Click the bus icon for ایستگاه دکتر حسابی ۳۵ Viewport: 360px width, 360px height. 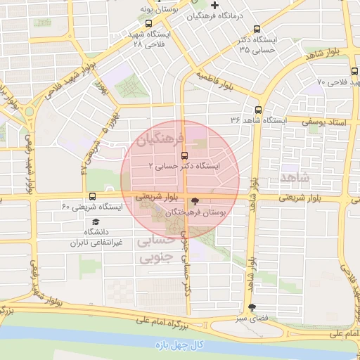click(x=256, y=30)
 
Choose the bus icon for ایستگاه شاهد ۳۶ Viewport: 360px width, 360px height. click(x=258, y=110)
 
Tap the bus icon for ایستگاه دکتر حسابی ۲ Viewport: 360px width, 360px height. click(x=184, y=155)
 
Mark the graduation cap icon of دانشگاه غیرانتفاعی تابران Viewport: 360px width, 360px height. click(x=95, y=221)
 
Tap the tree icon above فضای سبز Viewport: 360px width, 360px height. click(x=252, y=307)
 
